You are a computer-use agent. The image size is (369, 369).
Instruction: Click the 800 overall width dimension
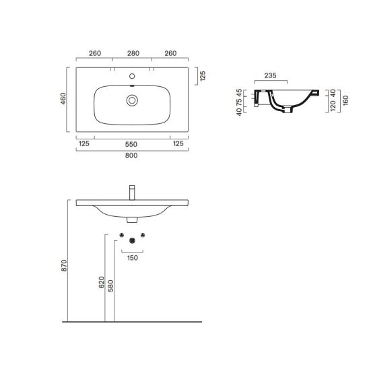point(131,156)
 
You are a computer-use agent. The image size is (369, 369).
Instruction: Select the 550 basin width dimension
point(131,144)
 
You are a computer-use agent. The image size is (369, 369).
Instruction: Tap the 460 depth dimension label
point(63,99)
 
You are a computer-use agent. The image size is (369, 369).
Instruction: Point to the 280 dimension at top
point(133,53)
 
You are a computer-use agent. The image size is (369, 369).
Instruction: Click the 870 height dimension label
point(64,265)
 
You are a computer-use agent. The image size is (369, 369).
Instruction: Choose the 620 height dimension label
point(102,282)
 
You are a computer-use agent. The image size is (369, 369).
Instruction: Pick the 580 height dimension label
point(110,286)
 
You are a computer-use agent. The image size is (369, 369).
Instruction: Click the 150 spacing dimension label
point(133,258)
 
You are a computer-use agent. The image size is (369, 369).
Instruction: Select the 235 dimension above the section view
point(270,75)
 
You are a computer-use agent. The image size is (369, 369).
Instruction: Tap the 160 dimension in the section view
point(345,100)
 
